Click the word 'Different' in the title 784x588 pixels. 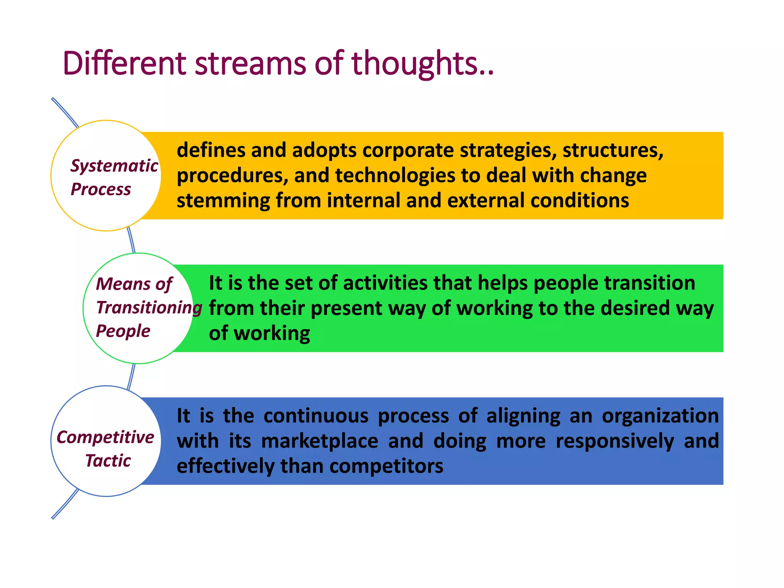pos(124,63)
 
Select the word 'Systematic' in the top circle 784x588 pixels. pos(114,166)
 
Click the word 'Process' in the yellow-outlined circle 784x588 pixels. pos(101,189)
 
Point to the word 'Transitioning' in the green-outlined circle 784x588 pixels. pos(149,307)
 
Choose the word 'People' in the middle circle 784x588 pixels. pos(123,331)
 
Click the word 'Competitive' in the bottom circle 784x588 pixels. pos(105,437)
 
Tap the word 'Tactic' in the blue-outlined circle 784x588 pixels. pos(108,461)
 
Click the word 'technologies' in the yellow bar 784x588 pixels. pos(395,176)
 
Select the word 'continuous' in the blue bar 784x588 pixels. pos(316,416)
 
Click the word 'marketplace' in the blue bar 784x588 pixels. pos(320,441)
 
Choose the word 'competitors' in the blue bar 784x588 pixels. pos(386,466)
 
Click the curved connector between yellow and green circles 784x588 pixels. pos(131,240)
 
